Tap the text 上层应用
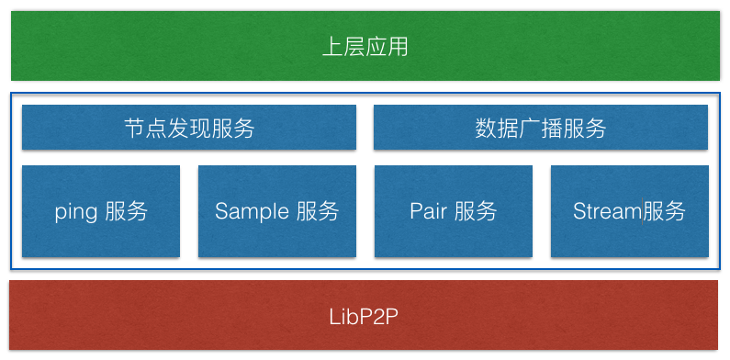click(365, 47)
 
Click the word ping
click(75, 212)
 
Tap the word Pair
click(427, 211)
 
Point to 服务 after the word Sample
click(318, 211)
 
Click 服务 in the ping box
click(127, 211)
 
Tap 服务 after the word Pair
click(476, 211)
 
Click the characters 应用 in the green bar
click(387, 47)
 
